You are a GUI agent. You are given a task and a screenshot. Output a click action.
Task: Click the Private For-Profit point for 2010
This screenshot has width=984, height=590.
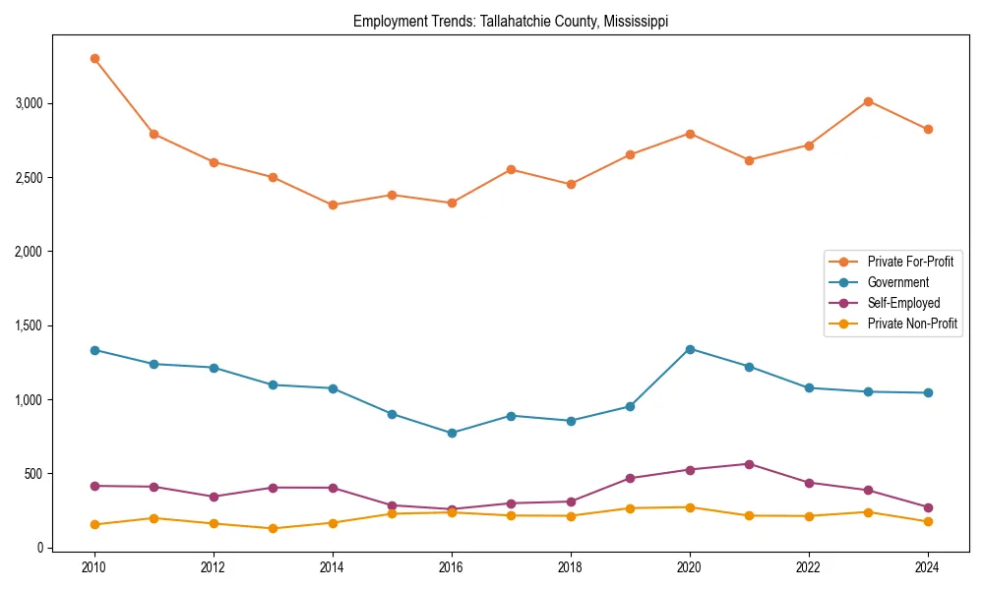tap(94, 58)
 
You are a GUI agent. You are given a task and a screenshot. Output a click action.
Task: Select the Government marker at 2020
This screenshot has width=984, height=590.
tap(690, 349)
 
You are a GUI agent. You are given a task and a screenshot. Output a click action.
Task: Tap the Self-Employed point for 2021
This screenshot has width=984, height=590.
tap(749, 464)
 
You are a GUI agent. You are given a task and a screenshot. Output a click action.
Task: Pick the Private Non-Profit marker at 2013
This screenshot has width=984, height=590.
tap(273, 528)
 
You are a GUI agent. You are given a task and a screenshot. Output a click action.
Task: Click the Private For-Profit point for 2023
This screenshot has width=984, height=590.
tap(868, 101)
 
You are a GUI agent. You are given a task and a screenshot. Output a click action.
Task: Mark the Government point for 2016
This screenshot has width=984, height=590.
tap(452, 433)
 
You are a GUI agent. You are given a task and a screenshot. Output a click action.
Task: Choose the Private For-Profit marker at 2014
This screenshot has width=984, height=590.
tap(333, 205)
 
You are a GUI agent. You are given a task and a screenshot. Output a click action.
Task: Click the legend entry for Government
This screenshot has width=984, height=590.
tap(897, 282)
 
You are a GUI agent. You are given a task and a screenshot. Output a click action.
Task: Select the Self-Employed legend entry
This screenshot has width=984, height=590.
tap(903, 303)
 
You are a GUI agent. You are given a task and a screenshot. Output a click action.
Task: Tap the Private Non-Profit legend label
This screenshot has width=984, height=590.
tap(912, 324)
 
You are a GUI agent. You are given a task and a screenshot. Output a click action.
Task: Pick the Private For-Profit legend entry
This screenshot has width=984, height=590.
tap(910, 262)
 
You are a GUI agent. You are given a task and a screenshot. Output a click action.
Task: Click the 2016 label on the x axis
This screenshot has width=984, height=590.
tap(452, 567)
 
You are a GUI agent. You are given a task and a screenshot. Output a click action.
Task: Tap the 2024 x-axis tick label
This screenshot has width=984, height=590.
tap(928, 567)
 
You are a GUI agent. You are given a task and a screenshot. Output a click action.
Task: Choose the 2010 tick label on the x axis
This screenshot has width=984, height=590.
tap(94, 567)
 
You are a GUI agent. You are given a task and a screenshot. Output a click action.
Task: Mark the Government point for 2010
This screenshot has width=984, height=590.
tap(94, 350)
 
